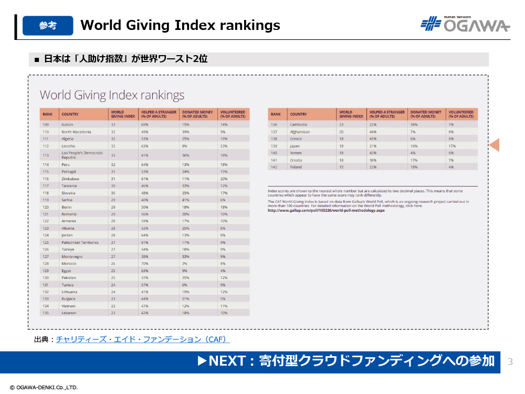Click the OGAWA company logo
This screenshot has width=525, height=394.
[x=465, y=24]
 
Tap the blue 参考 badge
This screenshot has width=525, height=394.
[x=48, y=25]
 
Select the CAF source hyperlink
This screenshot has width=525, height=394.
[x=143, y=339]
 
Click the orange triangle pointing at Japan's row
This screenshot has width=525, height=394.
[x=494, y=145]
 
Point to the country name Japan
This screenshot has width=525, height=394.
[x=295, y=146]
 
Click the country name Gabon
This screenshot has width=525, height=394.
[x=67, y=125]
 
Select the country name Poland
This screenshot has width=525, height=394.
[x=296, y=167]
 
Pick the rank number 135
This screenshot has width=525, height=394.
[x=45, y=313]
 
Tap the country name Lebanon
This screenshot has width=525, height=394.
[x=69, y=313]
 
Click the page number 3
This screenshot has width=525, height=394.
[x=510, y=362]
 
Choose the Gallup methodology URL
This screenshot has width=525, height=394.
[x=326, y=210]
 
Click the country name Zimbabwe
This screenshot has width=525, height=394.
[x=70, y=179]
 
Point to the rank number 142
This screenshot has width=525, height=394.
[x=274, y=167]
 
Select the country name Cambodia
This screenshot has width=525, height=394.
[x=298, y=125]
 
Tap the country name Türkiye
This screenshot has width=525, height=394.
[x=68, y=250]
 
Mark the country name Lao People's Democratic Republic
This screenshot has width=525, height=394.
[x=82, y=155]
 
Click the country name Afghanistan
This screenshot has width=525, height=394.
[x=300, y=132]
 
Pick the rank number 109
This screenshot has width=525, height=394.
[x=45, y=125]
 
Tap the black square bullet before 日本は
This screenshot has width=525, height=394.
[x=37, y=59]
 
